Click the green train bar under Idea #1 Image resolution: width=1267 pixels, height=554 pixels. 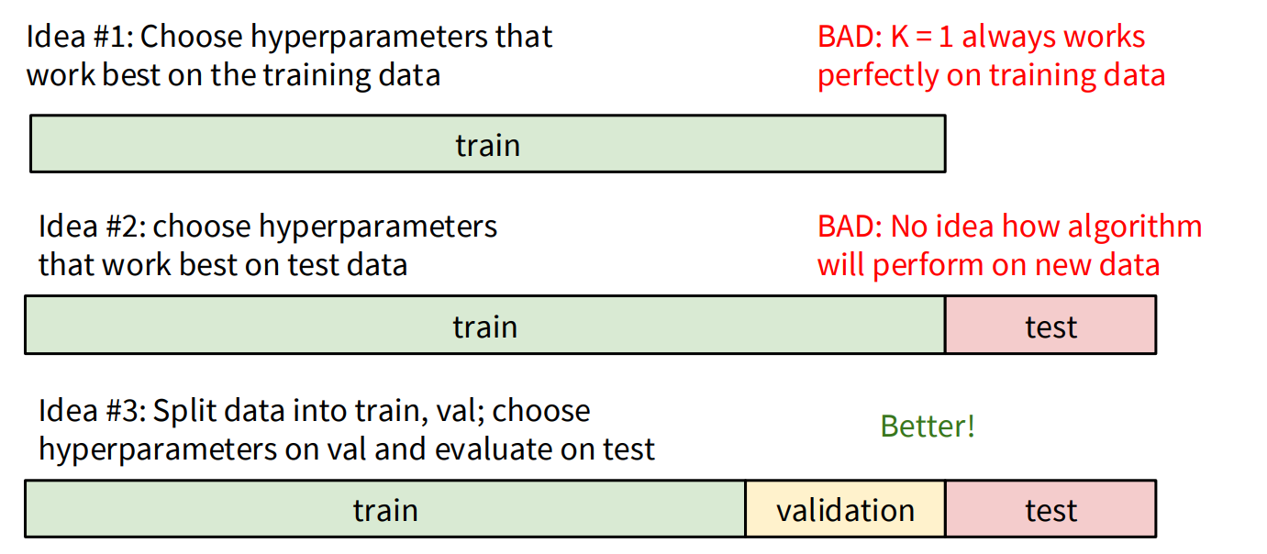(487, 144)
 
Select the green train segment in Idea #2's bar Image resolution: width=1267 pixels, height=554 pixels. (484, 327)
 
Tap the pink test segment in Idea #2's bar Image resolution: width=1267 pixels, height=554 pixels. (1050, 327)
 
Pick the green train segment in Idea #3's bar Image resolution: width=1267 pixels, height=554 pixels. (385, 509)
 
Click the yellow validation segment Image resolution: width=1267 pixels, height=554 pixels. (845, 509)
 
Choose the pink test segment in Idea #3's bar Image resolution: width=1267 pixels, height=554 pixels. (1050, 509)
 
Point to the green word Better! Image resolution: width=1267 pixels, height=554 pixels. (928, 427)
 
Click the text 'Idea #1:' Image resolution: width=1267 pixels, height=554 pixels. (80, 37)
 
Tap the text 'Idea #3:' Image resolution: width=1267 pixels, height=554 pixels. (92, 410)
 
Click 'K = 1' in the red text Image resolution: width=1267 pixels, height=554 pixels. (923, 37)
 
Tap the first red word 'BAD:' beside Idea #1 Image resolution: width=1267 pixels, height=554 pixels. (850, 37)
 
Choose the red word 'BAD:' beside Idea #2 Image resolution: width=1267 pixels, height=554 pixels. (850, 226)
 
